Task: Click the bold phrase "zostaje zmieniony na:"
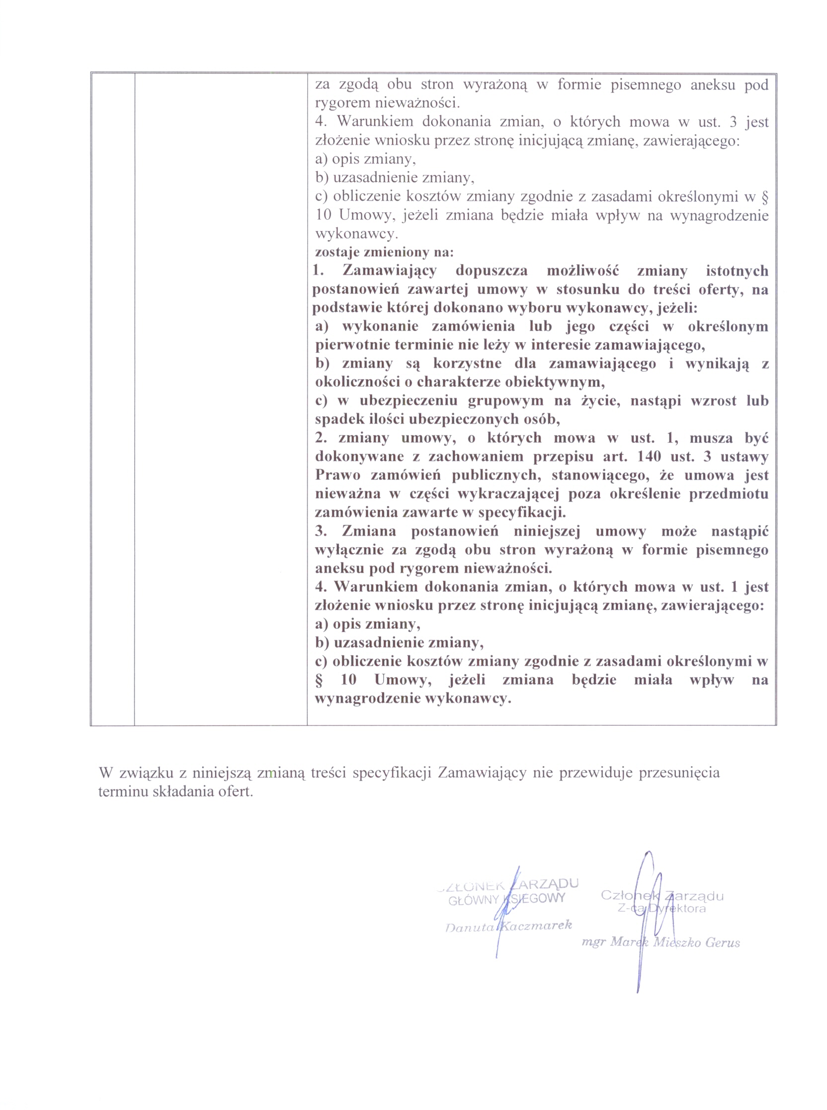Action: coord(384,252)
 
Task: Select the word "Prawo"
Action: coord(333,475)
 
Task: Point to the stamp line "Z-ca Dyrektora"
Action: coord(662,908)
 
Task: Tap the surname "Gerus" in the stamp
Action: coord(722,942)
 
